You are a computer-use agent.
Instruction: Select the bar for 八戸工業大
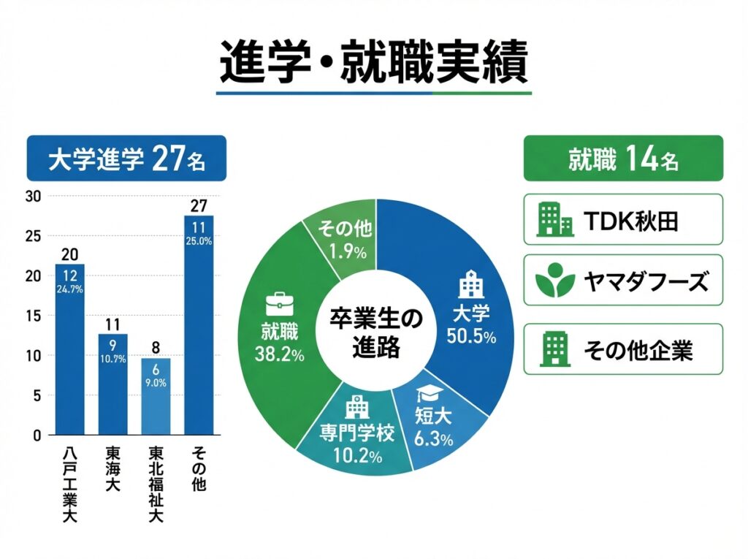tap(70, 351)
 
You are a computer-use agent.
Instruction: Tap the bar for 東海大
tap(113, 384)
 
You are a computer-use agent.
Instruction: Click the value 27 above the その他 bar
tap(199, 205)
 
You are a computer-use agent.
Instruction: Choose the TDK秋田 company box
tap(623, 218)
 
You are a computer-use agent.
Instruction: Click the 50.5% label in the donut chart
tap(471, 337)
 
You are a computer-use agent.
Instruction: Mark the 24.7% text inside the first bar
tap(70, 290)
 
